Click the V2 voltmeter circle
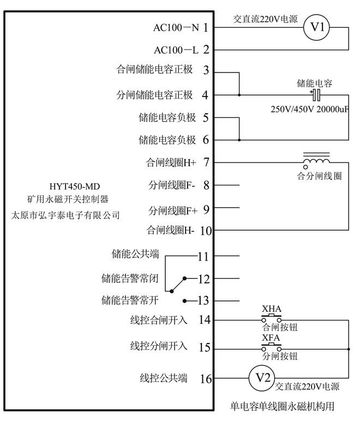tap(263, 378)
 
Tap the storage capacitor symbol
tap(316, 95)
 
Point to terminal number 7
tap(206, 162)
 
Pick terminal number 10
tap(206, 231)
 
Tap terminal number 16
tap(206, 378)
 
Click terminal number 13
tap(203, 301)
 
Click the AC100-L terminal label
tap(176, 50)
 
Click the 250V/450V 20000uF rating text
tap(309, 109)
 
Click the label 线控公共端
tap(164, 378)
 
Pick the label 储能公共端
tap(135, 254)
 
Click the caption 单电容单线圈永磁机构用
tap(281, 406)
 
